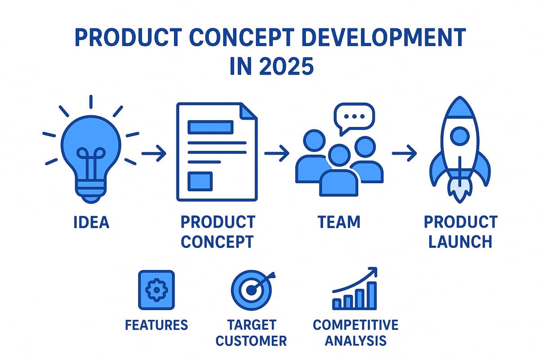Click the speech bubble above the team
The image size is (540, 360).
click(x=354, y=117)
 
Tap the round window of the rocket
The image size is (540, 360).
click(x=459, y=135)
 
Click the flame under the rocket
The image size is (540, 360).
click(x=459, y=191)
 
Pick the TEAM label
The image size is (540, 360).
click(x=339, y=222)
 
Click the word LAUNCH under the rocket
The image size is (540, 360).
click(x=460, y=242)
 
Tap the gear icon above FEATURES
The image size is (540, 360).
click(x=156, y=290)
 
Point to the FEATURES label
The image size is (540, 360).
click(x=156, y=325)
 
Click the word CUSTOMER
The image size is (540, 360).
click(x=251, y=341)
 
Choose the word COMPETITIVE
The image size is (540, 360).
click(x=355, y=325)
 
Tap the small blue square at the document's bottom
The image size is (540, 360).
click(x=200, y=181)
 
